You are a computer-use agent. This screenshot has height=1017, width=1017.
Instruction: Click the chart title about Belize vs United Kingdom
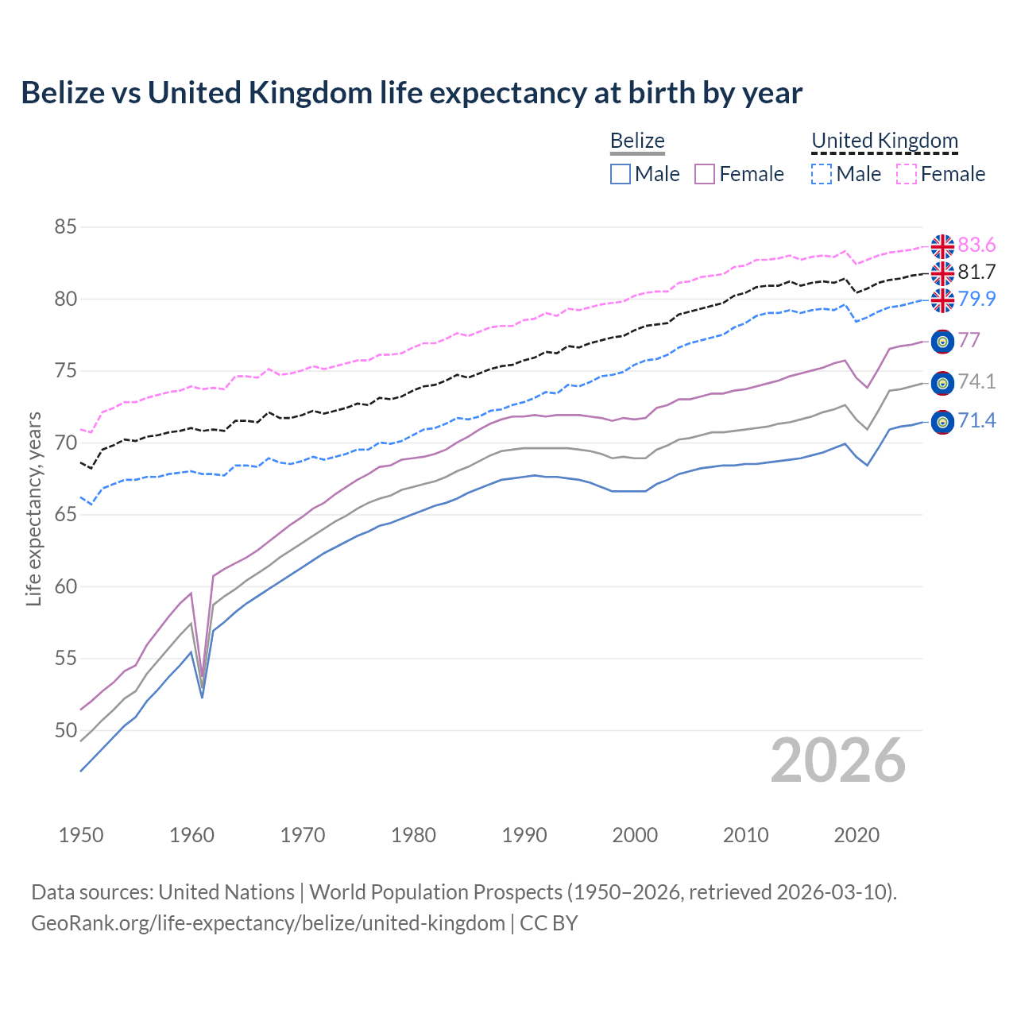pos(412,93)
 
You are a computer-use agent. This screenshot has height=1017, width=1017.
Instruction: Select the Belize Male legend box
pos(621,174)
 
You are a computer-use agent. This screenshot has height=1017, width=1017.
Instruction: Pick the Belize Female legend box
pos(705,174)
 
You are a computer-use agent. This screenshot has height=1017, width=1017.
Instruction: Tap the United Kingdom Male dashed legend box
pos(822,174)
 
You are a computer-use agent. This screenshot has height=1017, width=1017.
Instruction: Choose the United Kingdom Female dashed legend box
pos(907,174)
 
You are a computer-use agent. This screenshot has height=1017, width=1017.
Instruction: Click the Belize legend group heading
pos(637,141)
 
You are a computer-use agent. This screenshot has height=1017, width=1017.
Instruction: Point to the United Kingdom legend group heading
pos(884,141)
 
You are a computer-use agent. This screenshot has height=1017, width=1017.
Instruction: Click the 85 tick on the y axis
pos(65,227)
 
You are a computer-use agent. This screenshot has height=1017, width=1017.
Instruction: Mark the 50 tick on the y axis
pos(65,730)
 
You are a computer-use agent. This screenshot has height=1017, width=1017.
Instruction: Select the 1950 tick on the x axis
pos(81,835)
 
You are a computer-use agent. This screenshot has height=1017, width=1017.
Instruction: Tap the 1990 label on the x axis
pos(524,835)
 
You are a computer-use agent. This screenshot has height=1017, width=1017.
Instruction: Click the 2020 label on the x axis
pos(857,835)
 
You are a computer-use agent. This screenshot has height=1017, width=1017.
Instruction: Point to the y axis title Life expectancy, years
pos(33,508)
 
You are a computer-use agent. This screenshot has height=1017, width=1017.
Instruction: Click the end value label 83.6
pos(976,245)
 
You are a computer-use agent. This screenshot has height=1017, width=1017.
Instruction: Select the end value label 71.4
pos(976,420)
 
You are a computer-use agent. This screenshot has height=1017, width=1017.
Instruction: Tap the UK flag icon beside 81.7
pos(942,273)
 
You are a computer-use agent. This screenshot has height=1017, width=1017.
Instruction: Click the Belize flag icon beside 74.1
pos(942,383)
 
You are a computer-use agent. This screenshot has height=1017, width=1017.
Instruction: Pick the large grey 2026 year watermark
pos(838,760)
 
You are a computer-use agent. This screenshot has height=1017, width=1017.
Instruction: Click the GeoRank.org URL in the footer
pos(269,923)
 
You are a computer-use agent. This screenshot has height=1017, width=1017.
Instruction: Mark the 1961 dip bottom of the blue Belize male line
pos(203,697)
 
